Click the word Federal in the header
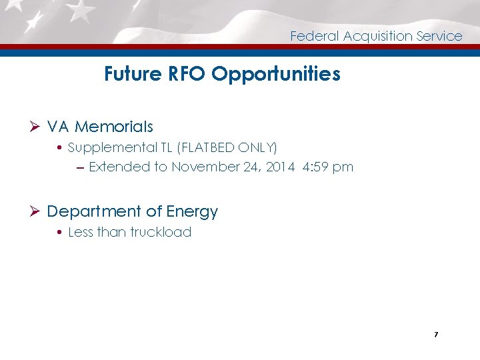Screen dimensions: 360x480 pos(315,36)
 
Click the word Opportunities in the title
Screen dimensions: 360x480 pos(276,74)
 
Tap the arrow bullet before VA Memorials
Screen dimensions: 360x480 pos(37,127)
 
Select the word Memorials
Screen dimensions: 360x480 pos(114,127)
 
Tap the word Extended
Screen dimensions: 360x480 pos(119,167)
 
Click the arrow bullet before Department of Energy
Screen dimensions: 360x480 pos(37,212)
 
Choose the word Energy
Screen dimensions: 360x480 pos(192,212)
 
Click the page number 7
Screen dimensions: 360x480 pos(435,334)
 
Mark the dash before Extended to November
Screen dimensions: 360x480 pos(80,167)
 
